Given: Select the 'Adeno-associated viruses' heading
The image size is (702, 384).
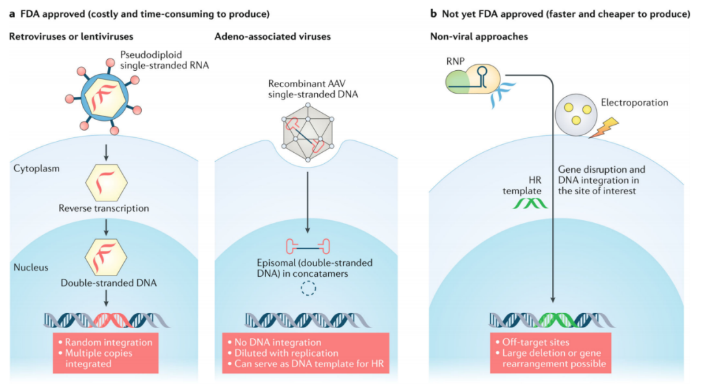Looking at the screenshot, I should (272, 37).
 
